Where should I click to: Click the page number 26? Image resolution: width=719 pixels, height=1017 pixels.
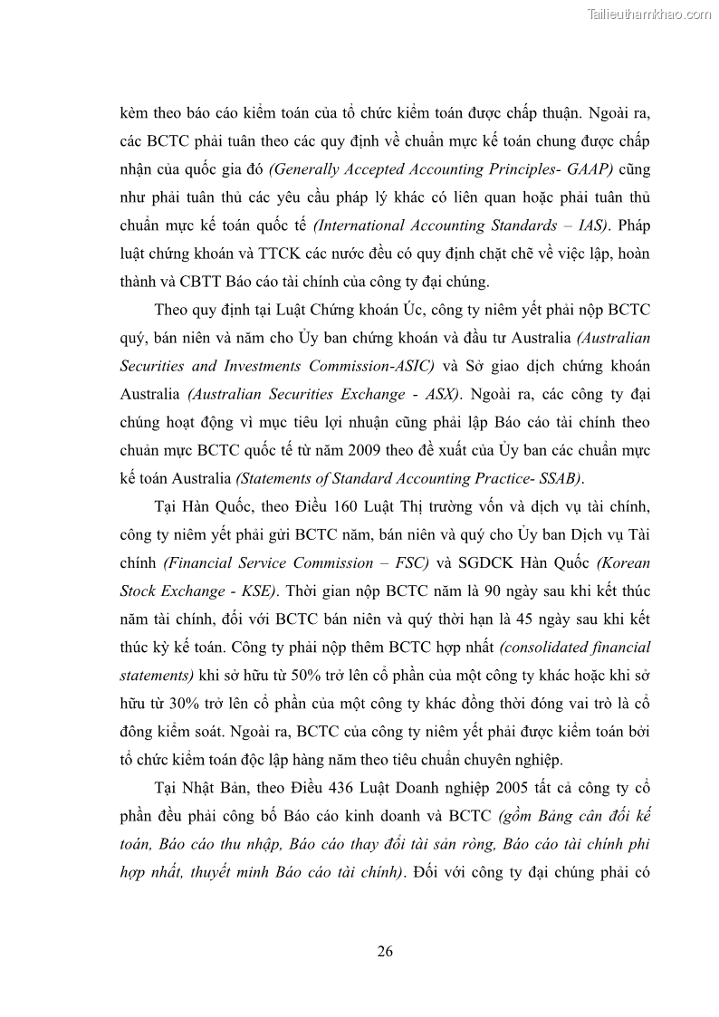384,951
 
